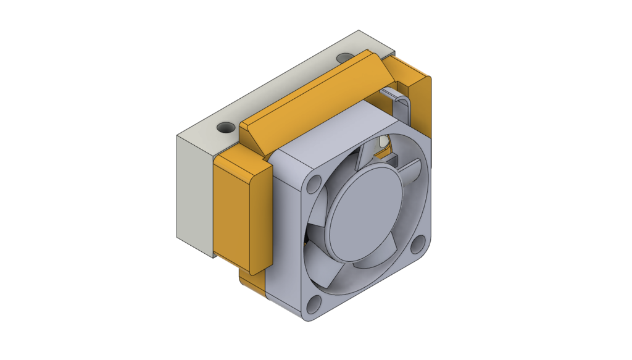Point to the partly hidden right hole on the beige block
(344, 58)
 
